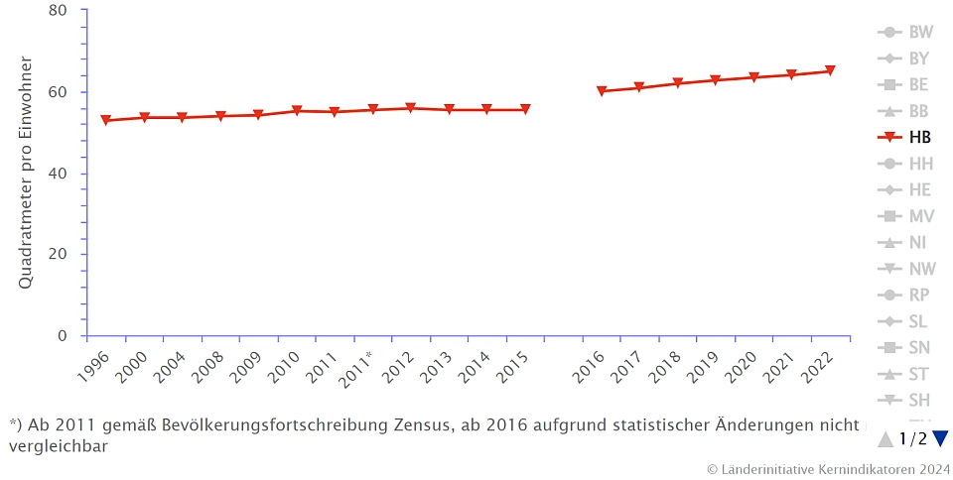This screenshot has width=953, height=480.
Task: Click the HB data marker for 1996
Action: tap(106, 121)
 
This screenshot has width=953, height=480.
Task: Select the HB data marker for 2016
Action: tap(602, 91)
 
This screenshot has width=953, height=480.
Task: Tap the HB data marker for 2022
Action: tap(830, 71)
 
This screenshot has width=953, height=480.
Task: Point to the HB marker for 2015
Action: tap(525, 110)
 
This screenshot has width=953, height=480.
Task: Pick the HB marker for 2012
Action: tap(411, 108)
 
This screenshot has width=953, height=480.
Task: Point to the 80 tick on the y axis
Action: tap(58, 11)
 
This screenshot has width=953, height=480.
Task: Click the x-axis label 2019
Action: tap(700, 368)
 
